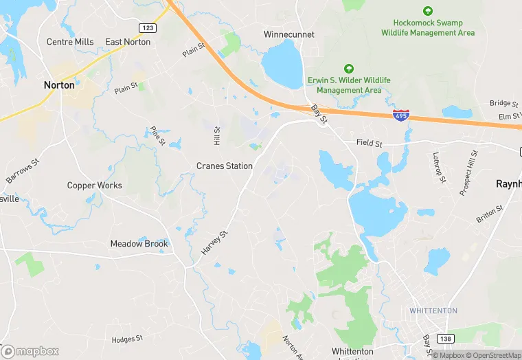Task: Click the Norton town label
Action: (x=58, y=85)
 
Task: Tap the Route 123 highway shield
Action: (x=146, y=27)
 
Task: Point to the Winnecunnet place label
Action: (x=289, y=34)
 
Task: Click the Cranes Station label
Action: (x=225, y=166)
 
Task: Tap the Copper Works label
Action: (x=95, y=185)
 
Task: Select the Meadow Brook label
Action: (x=139, y=244)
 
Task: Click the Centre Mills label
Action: (x=70, y=42)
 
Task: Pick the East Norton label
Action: (x=128, y=42)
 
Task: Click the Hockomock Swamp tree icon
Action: (x=428, y=11)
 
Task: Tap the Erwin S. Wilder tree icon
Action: (x=349, y=69)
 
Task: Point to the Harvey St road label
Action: (x=214, y=243)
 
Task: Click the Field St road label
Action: (x=369, y=143)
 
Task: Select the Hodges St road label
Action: (x=127, y=339)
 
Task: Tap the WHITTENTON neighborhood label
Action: (x=433, y=311)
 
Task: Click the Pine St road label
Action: (x=157, y=136)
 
